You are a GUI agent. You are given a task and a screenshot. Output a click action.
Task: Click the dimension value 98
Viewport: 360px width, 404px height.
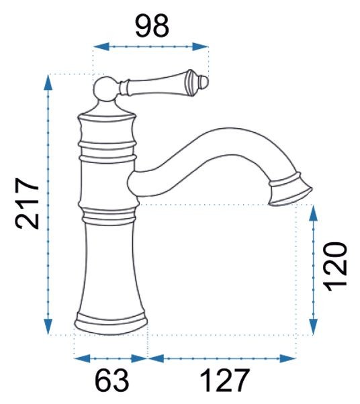tap(152, 26)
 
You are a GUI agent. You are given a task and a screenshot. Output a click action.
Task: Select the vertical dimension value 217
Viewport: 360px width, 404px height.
tap(27, 203)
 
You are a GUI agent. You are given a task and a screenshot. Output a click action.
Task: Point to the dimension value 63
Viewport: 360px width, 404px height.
tap(111, 381)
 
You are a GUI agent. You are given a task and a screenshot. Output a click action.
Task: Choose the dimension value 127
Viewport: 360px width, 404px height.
tap(225, 381)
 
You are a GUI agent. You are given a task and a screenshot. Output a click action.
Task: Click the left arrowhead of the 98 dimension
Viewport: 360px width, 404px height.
tap(101, 46)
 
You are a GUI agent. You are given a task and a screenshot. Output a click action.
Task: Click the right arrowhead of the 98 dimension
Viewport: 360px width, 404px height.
tap(200, 46)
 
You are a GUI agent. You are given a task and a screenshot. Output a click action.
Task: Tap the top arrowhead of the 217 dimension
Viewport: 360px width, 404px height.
tap(48, 83)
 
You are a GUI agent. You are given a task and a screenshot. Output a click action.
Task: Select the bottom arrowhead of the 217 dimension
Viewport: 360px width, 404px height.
tap(48, 327)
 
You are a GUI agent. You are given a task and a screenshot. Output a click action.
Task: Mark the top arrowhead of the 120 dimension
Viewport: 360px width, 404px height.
tap(313, 213)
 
